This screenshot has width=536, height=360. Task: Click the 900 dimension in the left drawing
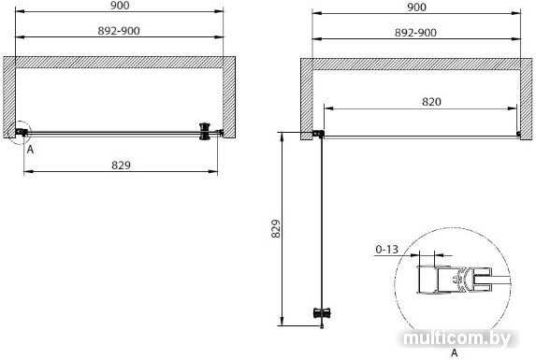(120, 6)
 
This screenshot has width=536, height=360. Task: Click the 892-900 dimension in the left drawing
(119, 31)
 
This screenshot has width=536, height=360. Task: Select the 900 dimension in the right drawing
(416, 7)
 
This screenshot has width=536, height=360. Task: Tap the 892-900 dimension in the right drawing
(415, 33)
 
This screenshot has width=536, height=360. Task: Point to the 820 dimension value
(431, 101)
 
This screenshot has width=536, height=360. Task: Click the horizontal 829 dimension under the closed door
(121, 166)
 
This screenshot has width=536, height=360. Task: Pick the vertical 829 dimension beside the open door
(276, 228)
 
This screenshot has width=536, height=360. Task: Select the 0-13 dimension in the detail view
(387, 250)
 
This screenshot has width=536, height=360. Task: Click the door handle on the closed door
(205, 132)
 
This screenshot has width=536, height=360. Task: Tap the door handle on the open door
(322, 312)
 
